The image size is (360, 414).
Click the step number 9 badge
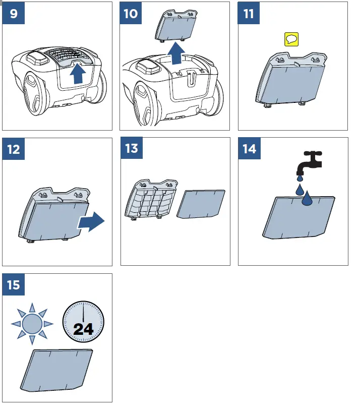coord(14,13)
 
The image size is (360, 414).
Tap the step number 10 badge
coord(131,13)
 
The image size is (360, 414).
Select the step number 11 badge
coord(249,13)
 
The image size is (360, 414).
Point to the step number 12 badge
coord(14,149)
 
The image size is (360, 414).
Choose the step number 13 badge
coord(132,148)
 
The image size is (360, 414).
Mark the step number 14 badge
coord(249,149)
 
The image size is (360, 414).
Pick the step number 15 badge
coord(14,285)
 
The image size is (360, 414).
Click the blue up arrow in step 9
coord(77,74)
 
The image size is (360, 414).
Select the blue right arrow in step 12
coord(91,221)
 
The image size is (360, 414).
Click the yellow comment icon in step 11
coord(291,39)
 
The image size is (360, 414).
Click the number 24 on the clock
coord(83,329)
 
